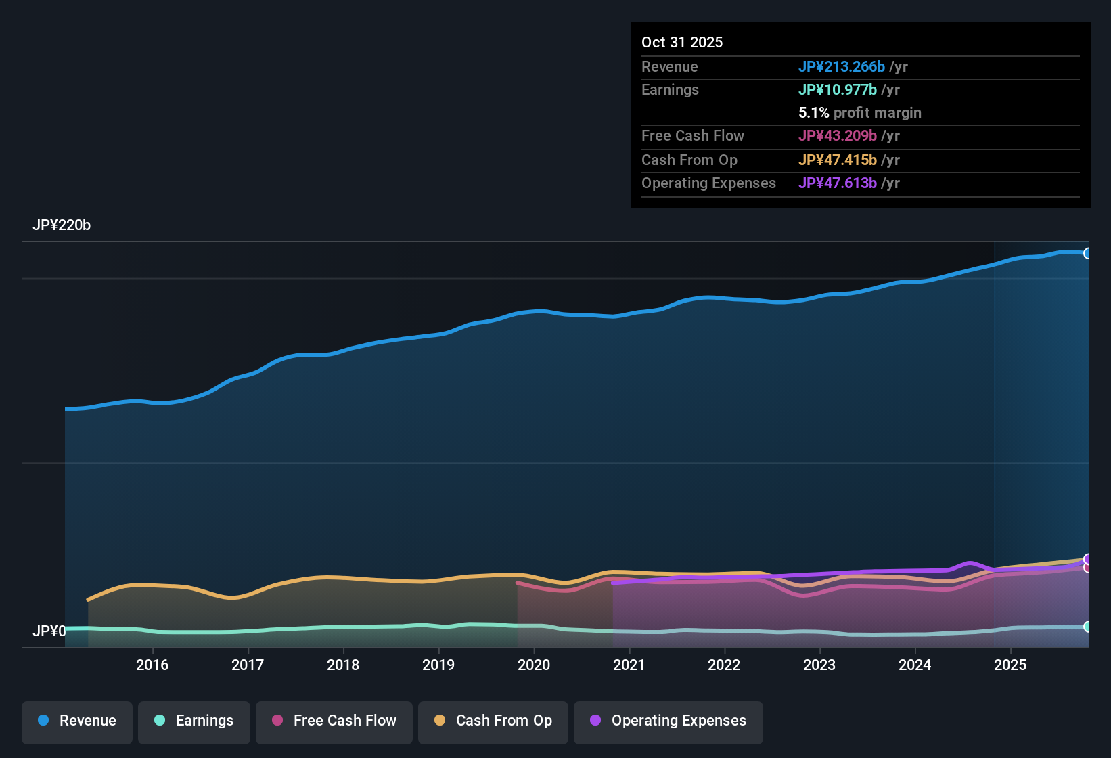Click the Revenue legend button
click(77, 721)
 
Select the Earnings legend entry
click(194, 721)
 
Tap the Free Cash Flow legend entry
click(334, 721)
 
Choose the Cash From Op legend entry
click(493, 721)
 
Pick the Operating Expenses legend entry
click(668, 721)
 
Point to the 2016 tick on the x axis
click(152, 665)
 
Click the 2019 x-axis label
click(438, 665)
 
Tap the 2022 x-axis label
click(724, 665)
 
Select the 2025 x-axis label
click(1010, 665)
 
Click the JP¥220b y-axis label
click(62, 225)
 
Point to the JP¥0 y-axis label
click(49, 631)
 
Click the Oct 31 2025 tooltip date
click(682, 42)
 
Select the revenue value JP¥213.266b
click(841, 66)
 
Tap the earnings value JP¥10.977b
click(837, 89)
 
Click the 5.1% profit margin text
click(859, 112)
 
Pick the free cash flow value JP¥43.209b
click(837, 135)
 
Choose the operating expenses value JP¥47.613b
click(837, 183)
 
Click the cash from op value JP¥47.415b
click(837, 160)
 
